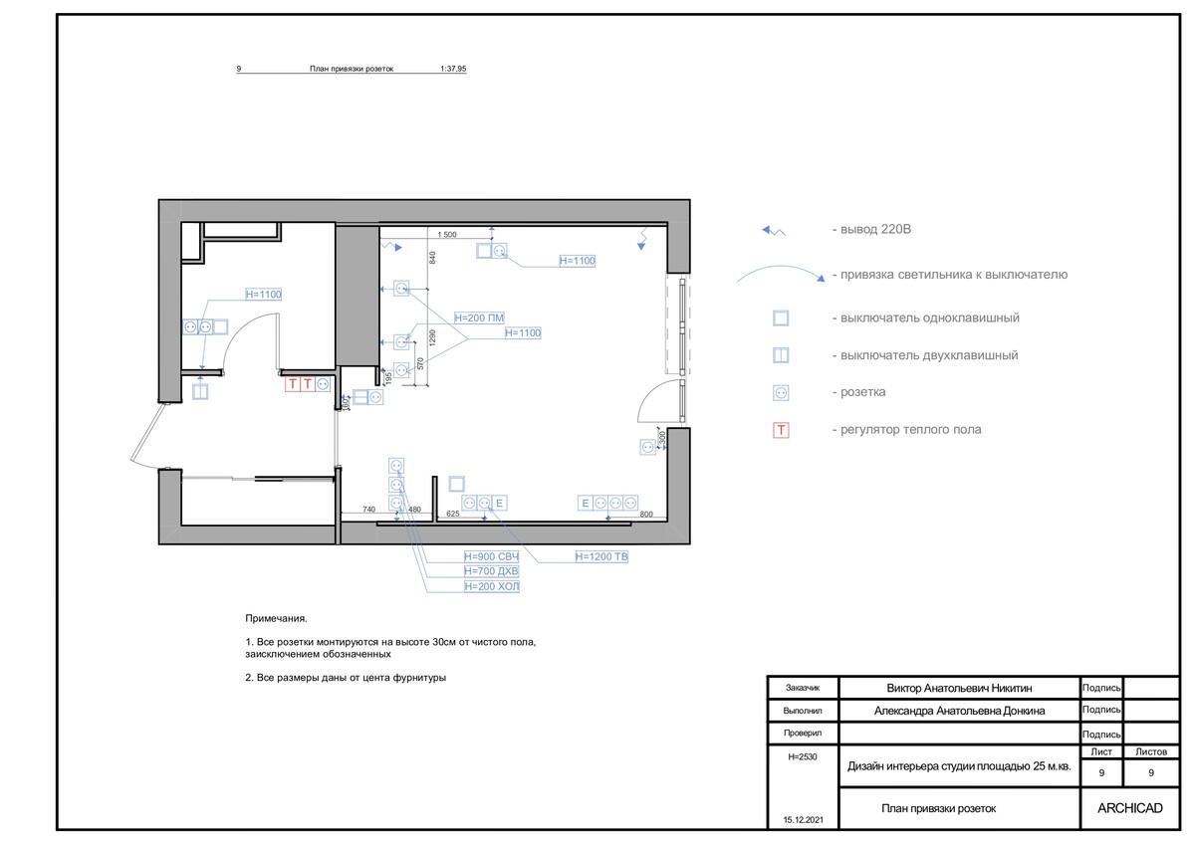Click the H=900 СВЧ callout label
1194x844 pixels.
click(491, 556)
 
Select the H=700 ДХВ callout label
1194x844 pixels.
click(491, 571)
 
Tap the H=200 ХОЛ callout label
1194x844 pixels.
click(491, 587)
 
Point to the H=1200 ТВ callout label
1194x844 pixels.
click(601, 556)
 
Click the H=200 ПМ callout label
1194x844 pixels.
click(479, 318)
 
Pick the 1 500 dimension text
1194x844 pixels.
click(447, 235)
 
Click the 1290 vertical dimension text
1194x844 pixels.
click(432, 338)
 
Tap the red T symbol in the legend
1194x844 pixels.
click(781, 430)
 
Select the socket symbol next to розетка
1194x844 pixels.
click(781, 393)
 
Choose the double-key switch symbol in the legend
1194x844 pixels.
click(781, 355)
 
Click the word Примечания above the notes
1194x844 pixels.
click(277, 619)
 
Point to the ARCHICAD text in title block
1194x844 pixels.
click(1130, 808)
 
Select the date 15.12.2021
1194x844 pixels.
click(804, 820)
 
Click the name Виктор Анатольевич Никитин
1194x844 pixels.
click(959, 688)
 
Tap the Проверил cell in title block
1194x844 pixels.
click(803, 734)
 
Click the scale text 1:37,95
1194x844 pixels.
click(453, 69)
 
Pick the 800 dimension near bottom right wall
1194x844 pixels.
click(645, 515)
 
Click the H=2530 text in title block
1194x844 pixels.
click(803, 757)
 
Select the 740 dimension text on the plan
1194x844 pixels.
click(368, 510)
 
